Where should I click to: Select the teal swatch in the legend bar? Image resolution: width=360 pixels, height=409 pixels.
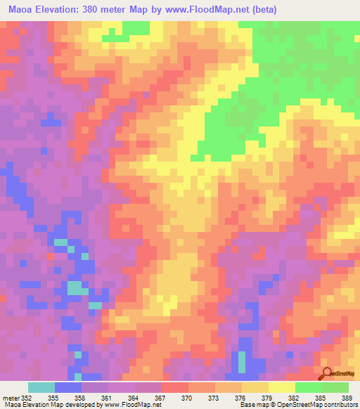pyautogui.click(x=41, y=387)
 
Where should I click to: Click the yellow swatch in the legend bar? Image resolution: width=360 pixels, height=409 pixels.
pyautogui.click(x=281, y=387)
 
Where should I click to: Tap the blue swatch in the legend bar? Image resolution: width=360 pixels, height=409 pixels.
pyautogui.click(x=68, y=387)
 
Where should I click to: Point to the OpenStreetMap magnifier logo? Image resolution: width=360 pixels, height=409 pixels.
pyautogui.click(x=327, y=374)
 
